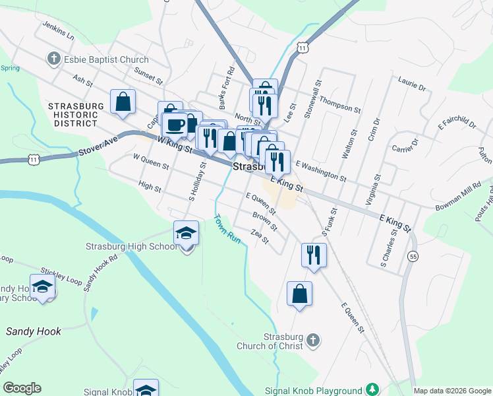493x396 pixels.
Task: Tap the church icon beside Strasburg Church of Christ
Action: (x=313, y=341)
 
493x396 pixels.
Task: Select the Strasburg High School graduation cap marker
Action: (x=186, y=232)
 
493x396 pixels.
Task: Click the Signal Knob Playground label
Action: (x=313, y=391)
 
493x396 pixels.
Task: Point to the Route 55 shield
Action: (x=413, y=256)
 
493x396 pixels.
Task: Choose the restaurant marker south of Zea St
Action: (x=314, y=254)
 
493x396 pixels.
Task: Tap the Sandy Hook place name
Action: (x=34, y=331)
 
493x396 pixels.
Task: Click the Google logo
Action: (x=22, y=388)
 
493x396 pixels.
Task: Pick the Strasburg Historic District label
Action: (x=76, y=114)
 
